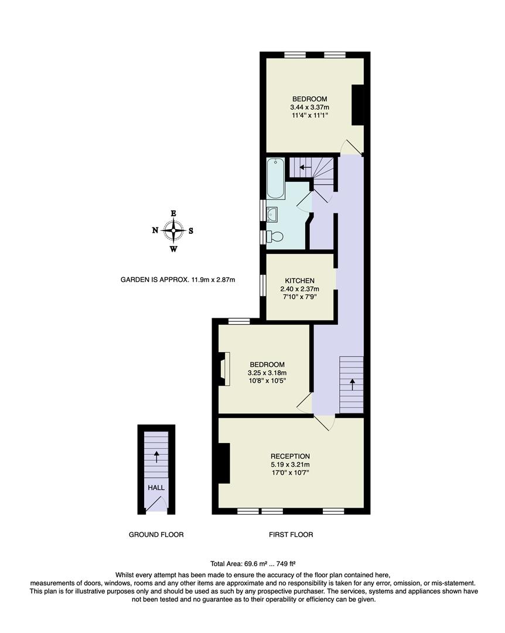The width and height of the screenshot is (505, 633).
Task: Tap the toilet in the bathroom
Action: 274,236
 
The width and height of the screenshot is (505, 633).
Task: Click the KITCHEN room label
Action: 300,281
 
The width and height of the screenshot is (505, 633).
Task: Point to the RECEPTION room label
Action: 290,456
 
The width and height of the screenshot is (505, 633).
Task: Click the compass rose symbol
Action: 173,230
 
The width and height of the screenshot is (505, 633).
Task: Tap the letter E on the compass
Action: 173,213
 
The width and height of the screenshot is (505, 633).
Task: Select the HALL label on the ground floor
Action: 156,487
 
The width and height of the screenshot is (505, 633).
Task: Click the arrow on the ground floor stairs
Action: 156,456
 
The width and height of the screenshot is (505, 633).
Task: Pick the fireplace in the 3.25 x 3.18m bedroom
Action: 223,369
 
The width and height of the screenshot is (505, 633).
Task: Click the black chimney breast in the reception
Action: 224,463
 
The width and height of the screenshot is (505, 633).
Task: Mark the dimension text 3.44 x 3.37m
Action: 309,107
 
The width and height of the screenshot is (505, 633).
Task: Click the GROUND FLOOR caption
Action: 156,535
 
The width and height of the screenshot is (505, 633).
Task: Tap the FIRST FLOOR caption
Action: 291,535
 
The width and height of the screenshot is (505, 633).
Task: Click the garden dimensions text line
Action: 178,280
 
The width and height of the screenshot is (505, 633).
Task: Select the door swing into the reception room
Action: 325,423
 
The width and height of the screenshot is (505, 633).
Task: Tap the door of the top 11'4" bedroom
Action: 353,147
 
